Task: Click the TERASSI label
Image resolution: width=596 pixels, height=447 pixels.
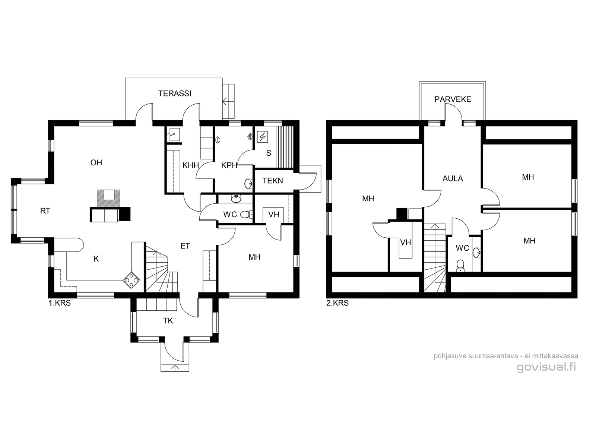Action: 175,93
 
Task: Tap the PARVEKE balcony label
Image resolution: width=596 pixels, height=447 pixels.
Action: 453,99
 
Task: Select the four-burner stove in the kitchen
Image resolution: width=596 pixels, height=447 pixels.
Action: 132,280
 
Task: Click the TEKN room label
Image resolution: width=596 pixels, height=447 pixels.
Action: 273,181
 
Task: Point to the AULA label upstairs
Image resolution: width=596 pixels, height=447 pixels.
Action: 453,178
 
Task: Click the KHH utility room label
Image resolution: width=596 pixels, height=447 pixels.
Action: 191,165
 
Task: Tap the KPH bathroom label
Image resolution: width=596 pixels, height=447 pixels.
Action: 229,165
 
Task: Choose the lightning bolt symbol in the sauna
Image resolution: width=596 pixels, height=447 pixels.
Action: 263,136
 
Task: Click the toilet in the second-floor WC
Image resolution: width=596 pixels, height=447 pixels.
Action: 460,266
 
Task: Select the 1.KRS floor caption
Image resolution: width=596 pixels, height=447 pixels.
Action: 60,303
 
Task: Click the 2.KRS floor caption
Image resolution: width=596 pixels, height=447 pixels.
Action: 337,303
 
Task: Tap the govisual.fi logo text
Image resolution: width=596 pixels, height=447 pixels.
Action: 546,367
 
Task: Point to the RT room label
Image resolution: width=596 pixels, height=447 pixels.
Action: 45,211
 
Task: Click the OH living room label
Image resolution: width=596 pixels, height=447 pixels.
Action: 96,162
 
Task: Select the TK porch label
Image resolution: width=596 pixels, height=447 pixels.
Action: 168,321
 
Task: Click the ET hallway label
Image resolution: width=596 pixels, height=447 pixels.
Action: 185,246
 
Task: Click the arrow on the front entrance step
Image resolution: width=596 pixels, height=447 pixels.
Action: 175,368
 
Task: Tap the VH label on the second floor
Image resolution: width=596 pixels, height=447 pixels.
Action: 406,242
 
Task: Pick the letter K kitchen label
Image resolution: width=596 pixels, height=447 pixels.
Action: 96,259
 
